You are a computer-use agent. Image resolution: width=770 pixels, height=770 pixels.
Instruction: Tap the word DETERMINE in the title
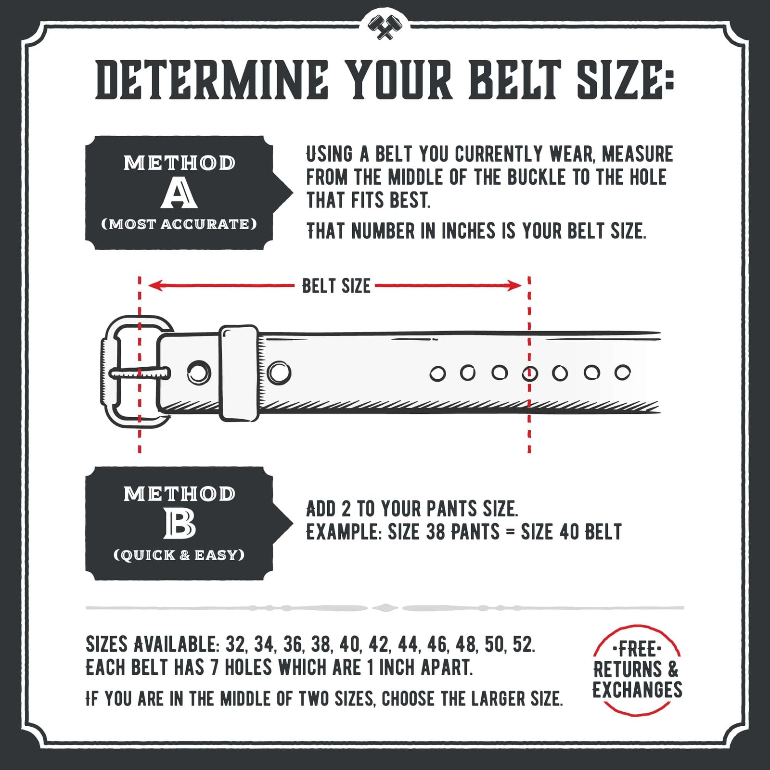pyautogui.click(x=212, y=80)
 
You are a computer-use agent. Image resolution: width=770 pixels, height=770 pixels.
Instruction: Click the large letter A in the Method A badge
pyautogui.click(x=179, y=194)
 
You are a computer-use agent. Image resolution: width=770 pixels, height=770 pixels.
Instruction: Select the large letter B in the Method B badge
pyautogui.click(x=180, y=524)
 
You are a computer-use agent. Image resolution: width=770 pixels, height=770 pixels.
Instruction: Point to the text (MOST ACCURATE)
pyautogui.click(x=179, y=224)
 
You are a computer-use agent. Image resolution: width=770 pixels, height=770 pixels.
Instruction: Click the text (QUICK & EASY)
pyautogui.click(x=179, y=555)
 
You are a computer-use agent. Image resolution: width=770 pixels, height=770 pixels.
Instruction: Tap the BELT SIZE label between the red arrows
pyautogui.click(x=336, y=286)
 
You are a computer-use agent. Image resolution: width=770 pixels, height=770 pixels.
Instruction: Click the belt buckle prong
pyautogui.click(x=140, y=373)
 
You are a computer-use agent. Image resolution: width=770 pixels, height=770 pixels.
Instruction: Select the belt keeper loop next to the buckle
pyautogui.click(x=239, y=373)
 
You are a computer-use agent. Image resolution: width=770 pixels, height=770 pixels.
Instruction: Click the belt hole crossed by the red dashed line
pyautogui.click(x=530, y=373)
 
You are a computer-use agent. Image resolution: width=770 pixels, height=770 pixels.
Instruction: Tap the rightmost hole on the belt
pyautogui.click(x=622, y=372)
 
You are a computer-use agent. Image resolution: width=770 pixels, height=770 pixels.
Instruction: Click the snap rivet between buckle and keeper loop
pyautogui.click(x=199, y=372)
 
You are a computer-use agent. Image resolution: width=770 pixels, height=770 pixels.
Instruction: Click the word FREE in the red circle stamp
pyautogui.click(x=637, y=649)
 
